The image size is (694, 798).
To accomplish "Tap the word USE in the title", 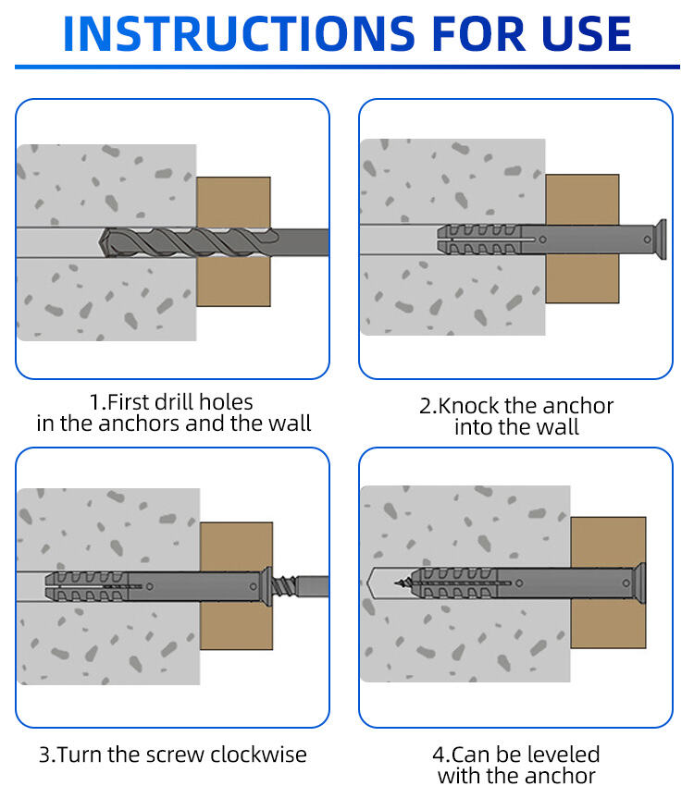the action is point(586,33).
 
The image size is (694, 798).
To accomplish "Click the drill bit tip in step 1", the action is point(100,242).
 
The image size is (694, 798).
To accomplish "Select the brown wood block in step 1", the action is point(233,241).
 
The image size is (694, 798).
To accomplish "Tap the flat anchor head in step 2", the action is point(661,239).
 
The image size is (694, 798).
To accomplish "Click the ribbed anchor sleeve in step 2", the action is point(478,239).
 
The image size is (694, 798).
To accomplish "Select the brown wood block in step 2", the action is point(582,239).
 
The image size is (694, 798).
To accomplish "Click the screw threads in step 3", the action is point(284,585).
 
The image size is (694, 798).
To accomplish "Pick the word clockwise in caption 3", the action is point(258,755).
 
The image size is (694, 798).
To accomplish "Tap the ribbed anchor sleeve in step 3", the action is point(86,586).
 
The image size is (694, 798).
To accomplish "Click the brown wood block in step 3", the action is point(236,585).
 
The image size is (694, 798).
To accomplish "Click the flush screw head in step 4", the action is point(640,583).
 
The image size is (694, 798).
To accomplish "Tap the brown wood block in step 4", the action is point(608,583).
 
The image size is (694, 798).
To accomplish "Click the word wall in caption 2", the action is point(558,427).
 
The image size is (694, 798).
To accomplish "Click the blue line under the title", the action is point(347,67).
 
